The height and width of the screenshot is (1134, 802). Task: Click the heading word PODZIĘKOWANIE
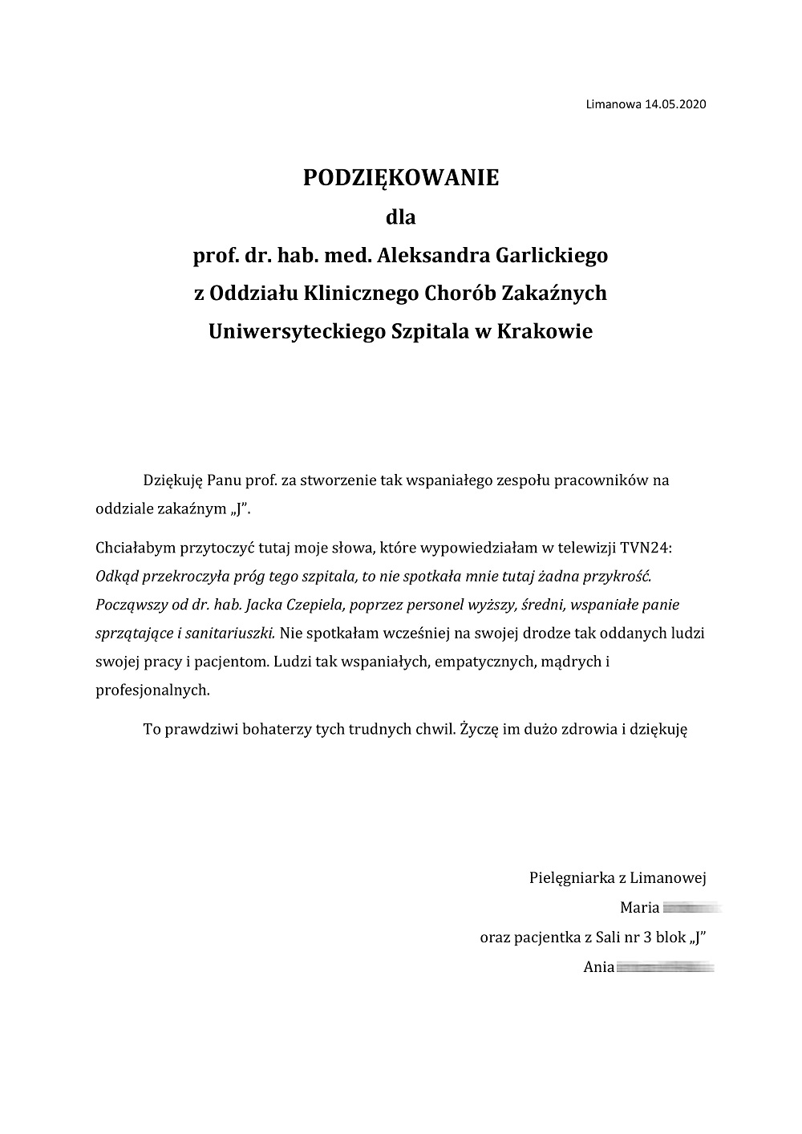click(400, 178)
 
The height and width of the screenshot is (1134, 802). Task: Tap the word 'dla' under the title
click(401, 217)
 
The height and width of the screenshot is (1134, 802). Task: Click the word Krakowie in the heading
click(545, 331)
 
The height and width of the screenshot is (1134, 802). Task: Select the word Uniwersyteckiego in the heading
click(295, 331)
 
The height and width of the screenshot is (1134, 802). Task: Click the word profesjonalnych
click(152, 689)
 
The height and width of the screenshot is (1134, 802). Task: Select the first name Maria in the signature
click(639, 908)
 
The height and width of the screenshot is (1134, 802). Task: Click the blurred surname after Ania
click(665, 967)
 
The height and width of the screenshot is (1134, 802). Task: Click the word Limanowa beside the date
click(614, 104)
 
